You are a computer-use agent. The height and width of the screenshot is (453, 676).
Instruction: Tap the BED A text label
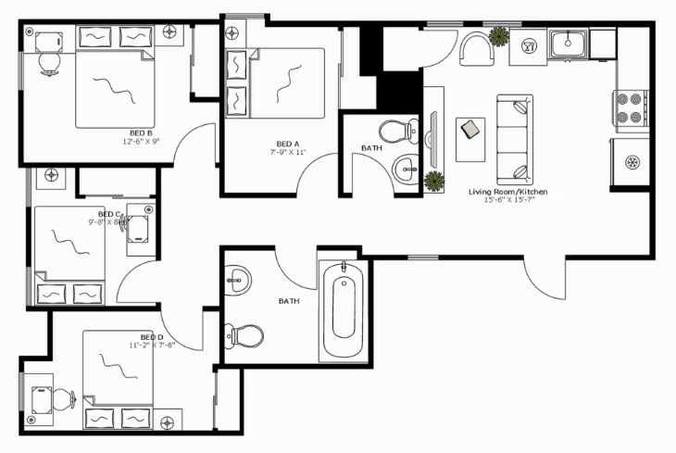pyautogui.click(x=288, y=144)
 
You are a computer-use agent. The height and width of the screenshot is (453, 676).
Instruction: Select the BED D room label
pyautogui.click(x=152, y=336)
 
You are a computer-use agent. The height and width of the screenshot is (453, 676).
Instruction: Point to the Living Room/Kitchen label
pyautogui.click(x=508, y=191)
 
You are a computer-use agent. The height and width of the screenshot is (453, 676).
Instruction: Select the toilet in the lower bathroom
pyautogui.click(x=244, y=333)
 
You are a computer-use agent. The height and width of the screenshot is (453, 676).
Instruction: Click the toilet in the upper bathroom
pyautogui.click(x=399, y=130)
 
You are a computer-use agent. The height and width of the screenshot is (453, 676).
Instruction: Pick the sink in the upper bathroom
pyautogui.click(x=405, y=169)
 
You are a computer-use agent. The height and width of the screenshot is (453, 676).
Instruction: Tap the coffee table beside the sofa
pyautogui.click(x=470, y=129)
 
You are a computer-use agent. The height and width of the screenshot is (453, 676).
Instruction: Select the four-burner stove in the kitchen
pyautogui.click(x=629, y=108)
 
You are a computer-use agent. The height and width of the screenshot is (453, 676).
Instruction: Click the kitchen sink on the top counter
pyautogui.click(x=566, y=42)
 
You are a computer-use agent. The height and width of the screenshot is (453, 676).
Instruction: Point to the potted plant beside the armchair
pyautogui.click(x=498, y=36)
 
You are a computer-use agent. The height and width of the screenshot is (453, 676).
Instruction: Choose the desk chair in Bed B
pyautogui.click(x=48, y=62)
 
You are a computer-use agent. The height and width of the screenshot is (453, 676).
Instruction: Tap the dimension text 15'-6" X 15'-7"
pyautogui.click(x=508, y=200)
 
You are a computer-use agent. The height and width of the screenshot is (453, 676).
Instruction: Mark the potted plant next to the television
pyautogui.click(x=433, y=181)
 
